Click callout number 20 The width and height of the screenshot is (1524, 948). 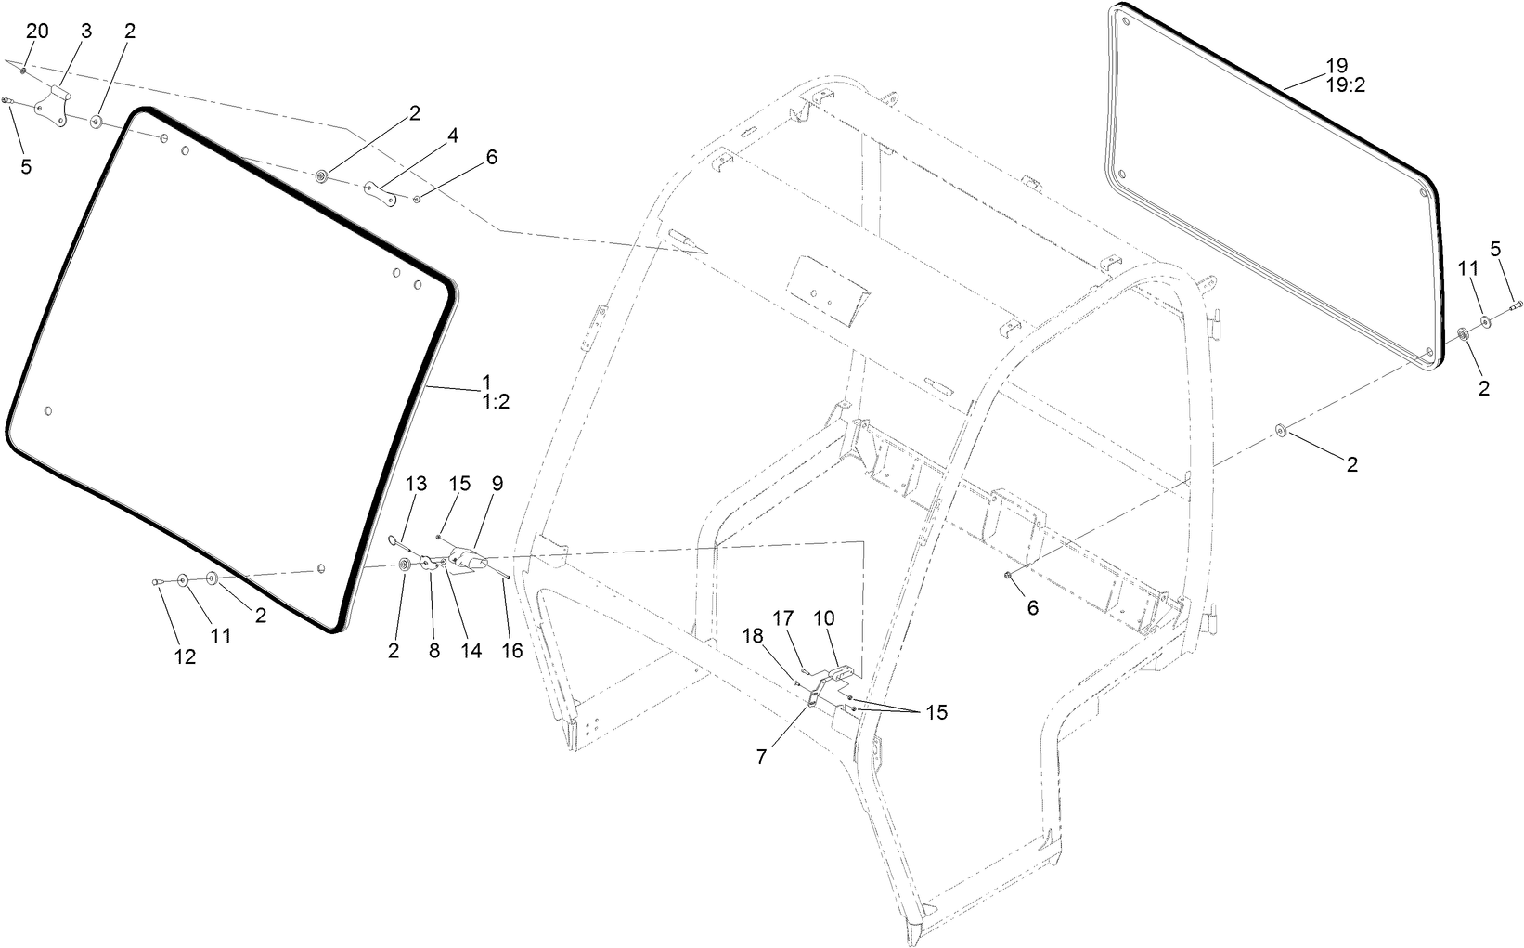pos(37,31)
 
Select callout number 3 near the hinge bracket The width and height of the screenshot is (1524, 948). pos(86,31)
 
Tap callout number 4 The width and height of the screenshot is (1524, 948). pos(453,136)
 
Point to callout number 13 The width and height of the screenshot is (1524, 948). pos(417,484)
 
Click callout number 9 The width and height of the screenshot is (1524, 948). pos(497,483)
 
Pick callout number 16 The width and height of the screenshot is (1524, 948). pos(512,651)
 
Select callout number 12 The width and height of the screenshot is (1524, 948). pos(185,656)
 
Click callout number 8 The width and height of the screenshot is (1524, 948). pos(433,651)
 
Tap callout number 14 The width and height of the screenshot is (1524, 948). pos(471,651)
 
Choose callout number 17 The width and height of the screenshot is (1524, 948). pos(784,617)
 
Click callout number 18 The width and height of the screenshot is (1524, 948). pos(752,635)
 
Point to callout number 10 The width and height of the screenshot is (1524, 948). pos(824,617)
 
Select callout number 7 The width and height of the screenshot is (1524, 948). pos(761,757)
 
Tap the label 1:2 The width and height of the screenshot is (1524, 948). pos(496,402)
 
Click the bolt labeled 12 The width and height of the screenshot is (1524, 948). pos(159,582)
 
